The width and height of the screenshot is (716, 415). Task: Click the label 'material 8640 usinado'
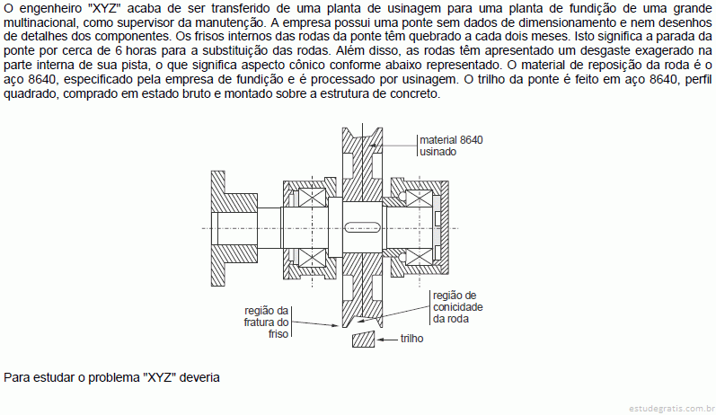451,146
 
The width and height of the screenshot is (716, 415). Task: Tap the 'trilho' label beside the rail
411,339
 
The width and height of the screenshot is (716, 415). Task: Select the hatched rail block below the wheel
364,340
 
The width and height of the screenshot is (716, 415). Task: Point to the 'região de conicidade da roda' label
457,307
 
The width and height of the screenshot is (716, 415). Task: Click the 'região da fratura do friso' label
266,322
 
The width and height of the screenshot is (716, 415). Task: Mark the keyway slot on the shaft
363,227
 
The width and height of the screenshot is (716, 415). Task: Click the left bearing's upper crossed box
312,198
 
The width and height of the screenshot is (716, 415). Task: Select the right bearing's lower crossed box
420,257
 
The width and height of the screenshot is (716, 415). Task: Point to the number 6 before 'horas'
119,50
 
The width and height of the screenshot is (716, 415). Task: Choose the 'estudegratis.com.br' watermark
672,408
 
